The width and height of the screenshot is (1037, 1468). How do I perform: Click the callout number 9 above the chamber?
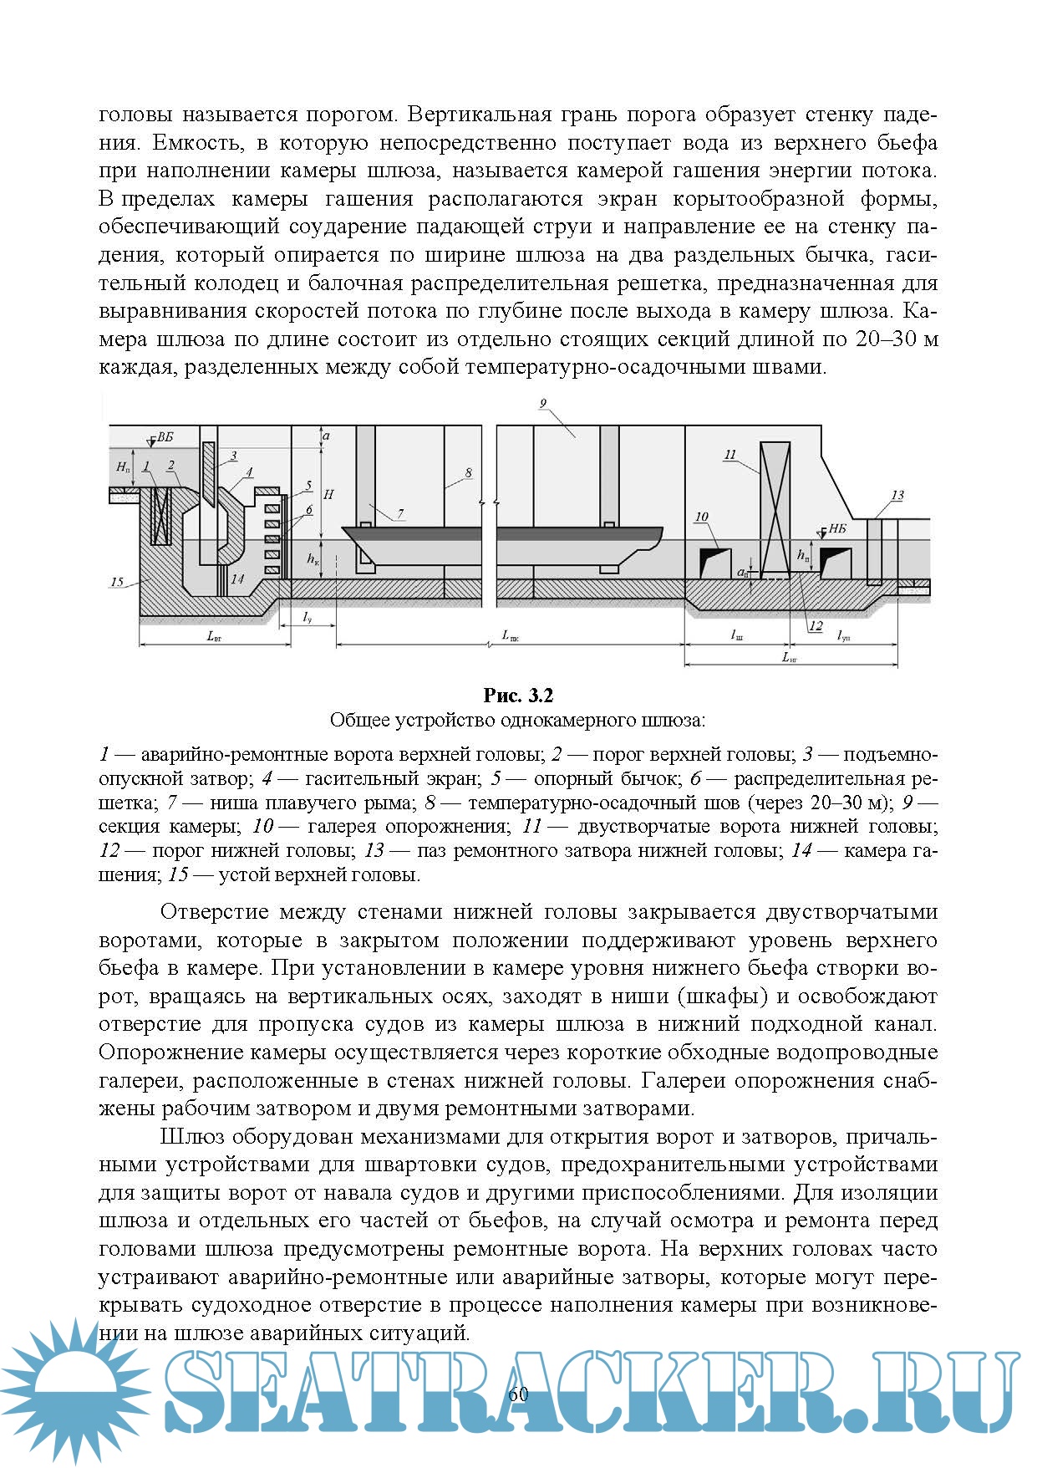tap(542, 404)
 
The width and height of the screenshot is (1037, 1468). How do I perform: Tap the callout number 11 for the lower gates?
tap(729, 455)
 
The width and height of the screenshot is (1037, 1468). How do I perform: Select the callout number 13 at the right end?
tap(897, 495)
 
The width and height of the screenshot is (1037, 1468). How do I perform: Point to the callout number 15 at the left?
tap(118, 582)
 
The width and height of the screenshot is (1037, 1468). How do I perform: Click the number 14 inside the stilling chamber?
tap(237, 579)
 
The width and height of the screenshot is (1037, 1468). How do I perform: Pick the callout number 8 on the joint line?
tap(468, 472)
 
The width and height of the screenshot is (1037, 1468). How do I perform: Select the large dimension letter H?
tap(328, 495)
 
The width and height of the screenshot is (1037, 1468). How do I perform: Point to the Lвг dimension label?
tap(214, 636)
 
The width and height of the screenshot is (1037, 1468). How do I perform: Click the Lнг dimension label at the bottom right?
tap(790, 658)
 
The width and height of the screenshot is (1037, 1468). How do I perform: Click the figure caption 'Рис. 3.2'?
tap(518, 696)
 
